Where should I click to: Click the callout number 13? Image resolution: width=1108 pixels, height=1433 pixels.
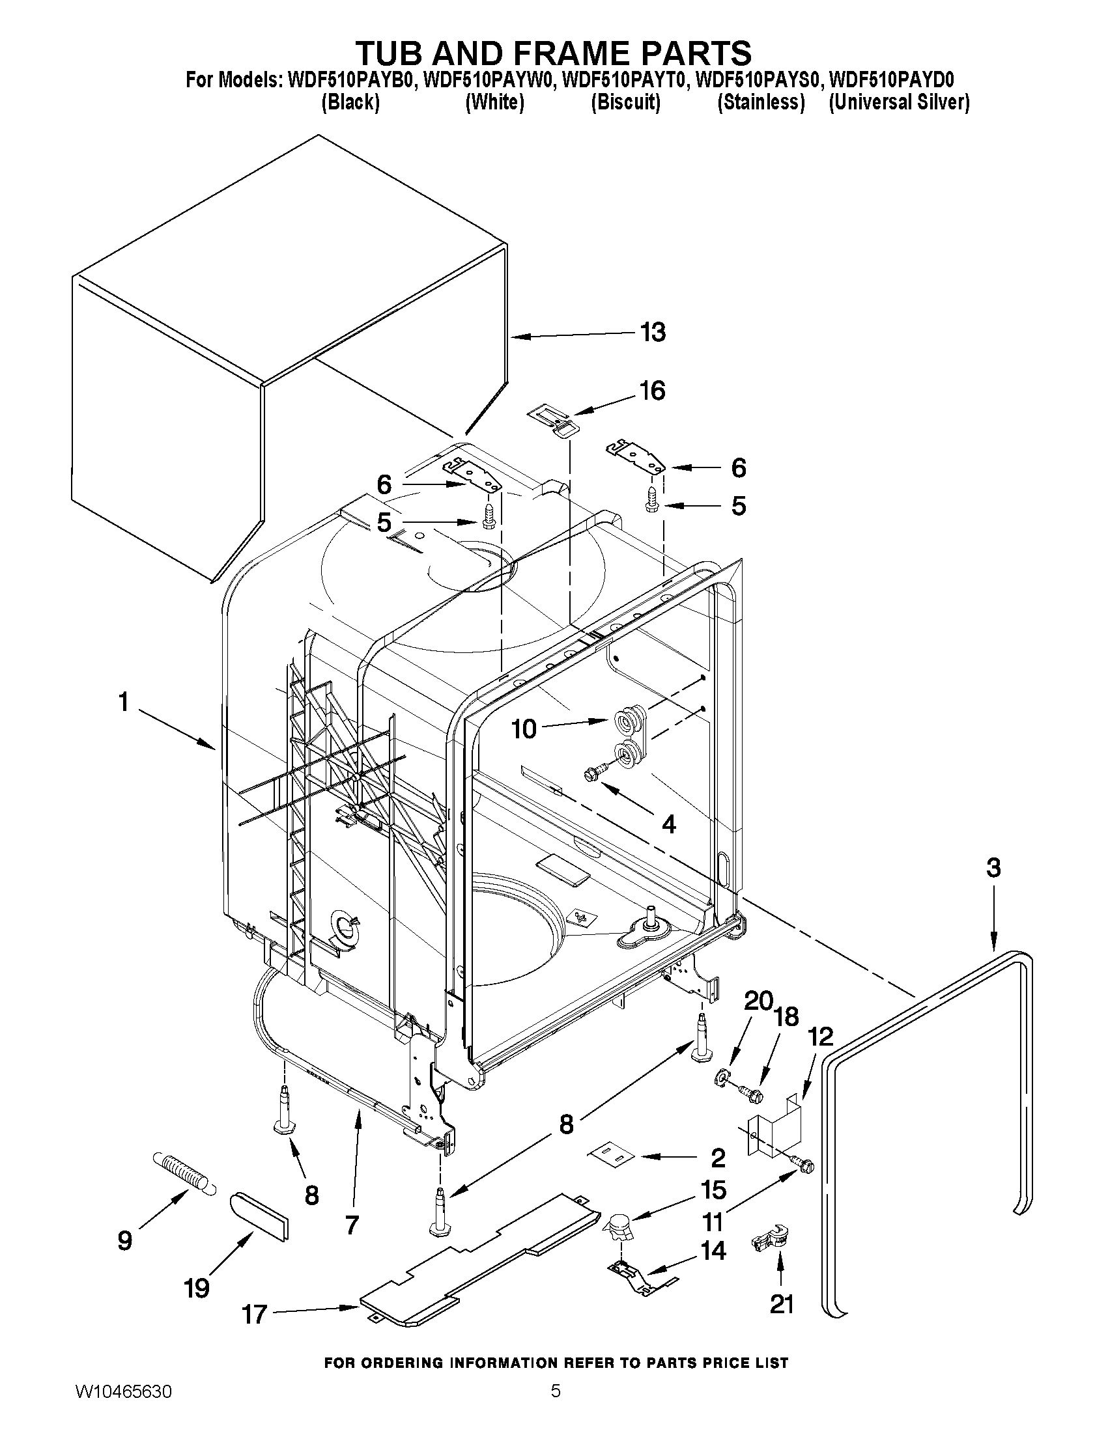[x=653, y=332]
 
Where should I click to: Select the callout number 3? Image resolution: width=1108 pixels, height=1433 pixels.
[x=993, y=868]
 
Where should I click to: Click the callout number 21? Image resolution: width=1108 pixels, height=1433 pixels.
[x=781, y=1304]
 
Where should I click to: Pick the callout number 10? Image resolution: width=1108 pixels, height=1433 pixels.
[x=524, y=729]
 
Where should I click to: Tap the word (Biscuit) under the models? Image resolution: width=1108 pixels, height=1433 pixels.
[x=625, y=102]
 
